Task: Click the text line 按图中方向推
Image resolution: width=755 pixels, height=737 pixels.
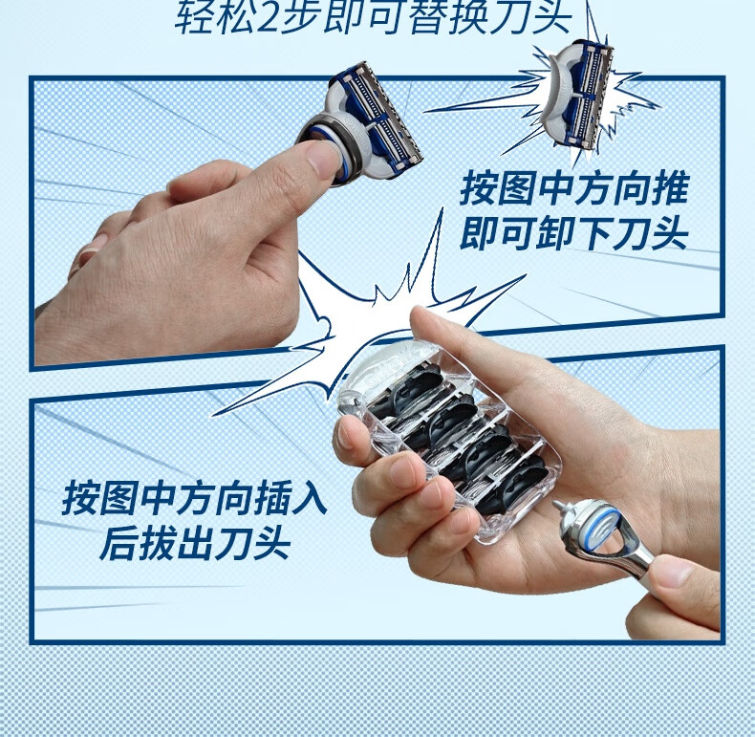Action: [x=573, y=188]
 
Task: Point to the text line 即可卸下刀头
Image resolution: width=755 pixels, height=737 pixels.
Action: [x=573, y=233]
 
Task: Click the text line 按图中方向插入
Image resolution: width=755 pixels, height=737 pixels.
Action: [x=195, y=499]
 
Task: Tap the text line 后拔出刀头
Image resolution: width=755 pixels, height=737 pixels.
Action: [x=195, y=545]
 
